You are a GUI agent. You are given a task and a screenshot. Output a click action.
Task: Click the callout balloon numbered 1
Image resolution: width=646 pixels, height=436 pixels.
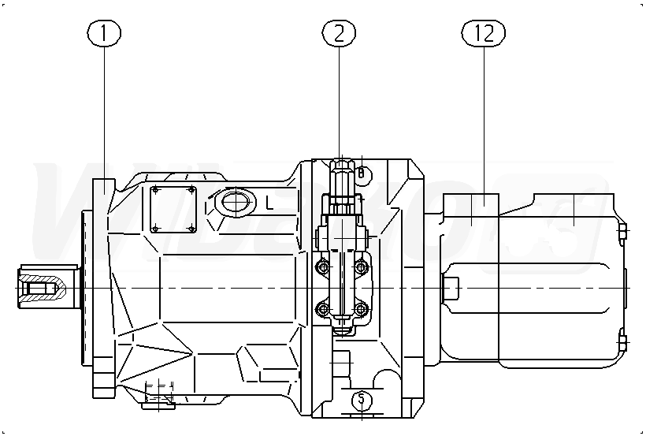pyautogui.click(x=106, y=33)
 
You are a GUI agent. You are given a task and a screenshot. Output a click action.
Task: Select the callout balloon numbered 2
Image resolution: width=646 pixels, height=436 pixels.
pyautogui.click(x=340, y=33)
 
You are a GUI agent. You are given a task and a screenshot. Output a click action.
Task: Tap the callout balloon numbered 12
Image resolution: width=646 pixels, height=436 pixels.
pyautogui.click(x=483, y=33)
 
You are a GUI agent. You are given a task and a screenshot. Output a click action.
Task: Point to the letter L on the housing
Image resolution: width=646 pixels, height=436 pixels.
pyautogui.click(x=269, y=203)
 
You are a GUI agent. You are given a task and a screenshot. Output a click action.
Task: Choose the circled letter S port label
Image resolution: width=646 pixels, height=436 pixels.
pyautogui.click(x=362, y=400)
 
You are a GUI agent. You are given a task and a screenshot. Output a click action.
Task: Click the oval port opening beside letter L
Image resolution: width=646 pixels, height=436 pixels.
pyautogui.click(x=234, y=203)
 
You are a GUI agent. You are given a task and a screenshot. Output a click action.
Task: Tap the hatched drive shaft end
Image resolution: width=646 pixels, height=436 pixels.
pyautogui.click(x=44, y=287)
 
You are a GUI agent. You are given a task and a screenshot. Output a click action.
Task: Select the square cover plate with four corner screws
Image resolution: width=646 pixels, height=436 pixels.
pyautogui.click(x=174, y=209)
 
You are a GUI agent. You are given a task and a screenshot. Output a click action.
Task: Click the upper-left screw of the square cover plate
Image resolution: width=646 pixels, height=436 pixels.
pyautogui.click(x=156, y=190)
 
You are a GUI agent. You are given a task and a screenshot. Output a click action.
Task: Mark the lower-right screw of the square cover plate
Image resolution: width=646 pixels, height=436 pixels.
pyautogui.click(x=192, y=229)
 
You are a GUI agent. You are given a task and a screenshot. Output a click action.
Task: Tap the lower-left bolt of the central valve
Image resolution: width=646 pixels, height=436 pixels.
pyautogui.click(x=321, y=307)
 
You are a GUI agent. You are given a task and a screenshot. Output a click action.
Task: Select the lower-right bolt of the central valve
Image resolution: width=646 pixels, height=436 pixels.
pyautogui.click(x=361, y=307)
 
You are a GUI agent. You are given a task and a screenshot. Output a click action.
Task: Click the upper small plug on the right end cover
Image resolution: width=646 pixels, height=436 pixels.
pyautogui.click(x=622, y=230)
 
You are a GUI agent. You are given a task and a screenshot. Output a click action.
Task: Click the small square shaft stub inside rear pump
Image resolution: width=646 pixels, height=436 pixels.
pyautogui.click(x=451, y=287)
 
